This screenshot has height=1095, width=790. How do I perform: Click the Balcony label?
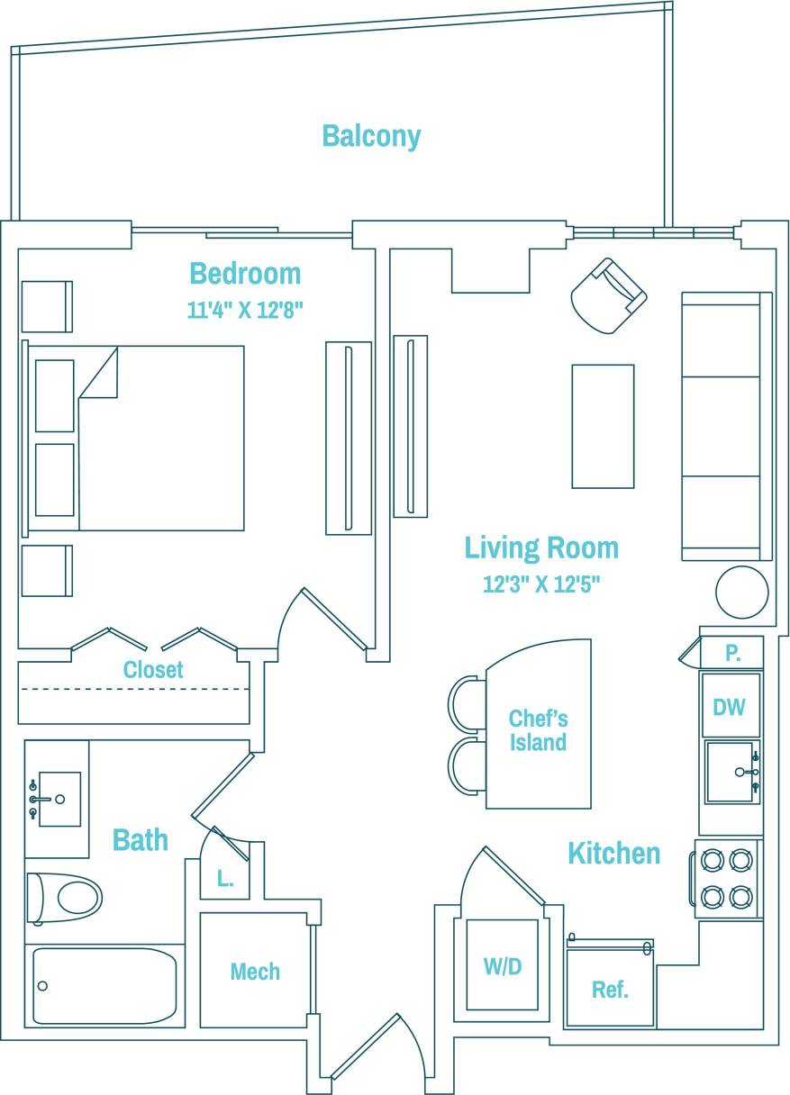click(371, 136)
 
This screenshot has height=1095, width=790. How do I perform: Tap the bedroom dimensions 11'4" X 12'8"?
click(244, 311)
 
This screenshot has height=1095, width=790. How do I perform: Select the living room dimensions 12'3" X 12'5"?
click(540, 584)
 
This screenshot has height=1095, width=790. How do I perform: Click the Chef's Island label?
click(538, 730)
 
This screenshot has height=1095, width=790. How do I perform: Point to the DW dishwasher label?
click(729, 708)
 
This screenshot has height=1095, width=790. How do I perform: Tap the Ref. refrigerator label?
click(610, 991)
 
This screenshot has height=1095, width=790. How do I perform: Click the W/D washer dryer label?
click(502, 967)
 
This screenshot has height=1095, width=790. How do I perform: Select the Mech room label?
click(255, 972)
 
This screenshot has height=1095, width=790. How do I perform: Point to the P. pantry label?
click(732, 654)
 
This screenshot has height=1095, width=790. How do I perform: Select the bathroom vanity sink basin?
click(59, 799)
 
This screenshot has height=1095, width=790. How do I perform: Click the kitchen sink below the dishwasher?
click(731, 772)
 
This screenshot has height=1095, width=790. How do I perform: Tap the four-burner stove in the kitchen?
click(726, 879)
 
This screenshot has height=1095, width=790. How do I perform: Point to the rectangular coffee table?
click(603, 426)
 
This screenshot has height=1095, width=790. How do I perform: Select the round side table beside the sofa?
click(741, 593)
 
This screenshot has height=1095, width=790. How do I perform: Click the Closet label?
click(153, 670)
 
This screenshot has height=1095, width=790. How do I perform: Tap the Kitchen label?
click(613, 853)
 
